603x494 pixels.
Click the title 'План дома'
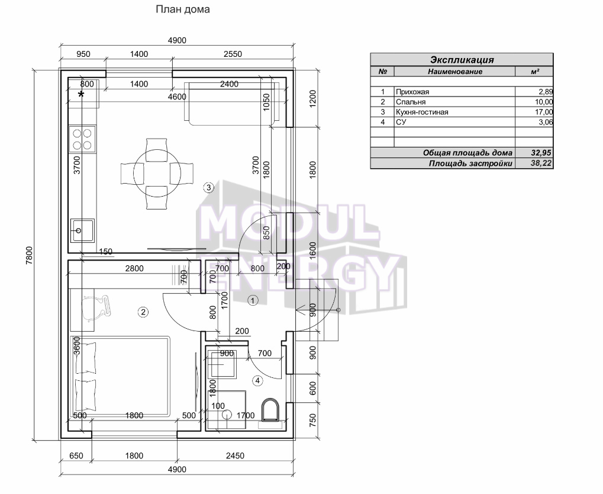click(183, 9)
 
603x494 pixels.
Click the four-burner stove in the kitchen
click(82, 139)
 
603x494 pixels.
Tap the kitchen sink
click(82, 230)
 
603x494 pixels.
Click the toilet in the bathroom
click(271, 410)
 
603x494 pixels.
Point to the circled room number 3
click(208, 188)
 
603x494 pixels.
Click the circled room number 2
click(143, 312)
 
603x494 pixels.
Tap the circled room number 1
click(253, 300)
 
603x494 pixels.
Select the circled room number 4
click(257, 381)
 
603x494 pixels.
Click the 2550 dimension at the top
click(233, 54)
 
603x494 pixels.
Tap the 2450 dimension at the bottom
click(235, 456)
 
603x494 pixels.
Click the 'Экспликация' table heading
click(462, 60)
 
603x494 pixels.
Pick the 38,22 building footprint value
click(541, 163)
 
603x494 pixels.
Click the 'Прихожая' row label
click(412, 92)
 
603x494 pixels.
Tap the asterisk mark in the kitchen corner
click(81, 94)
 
